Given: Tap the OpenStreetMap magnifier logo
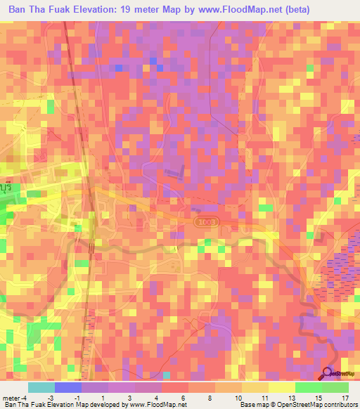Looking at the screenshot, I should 328,375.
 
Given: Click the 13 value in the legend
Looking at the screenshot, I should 272,397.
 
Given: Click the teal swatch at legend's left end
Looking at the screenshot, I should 41,387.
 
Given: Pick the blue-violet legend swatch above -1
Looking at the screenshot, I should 68,387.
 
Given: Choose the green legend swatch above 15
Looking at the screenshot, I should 308,387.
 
